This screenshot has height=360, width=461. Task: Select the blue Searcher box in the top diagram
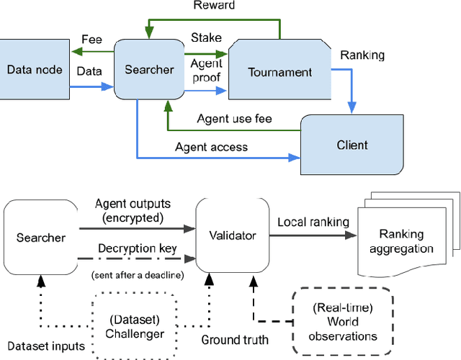(x=148, y=70)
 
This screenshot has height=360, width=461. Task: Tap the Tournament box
(x=279, y=71)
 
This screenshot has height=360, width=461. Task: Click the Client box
(x=352, y=144)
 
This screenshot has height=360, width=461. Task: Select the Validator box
(x=234, y=234)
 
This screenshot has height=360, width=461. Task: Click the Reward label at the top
(x=213, y=6)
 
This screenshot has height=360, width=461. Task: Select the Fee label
(x=92, y=40)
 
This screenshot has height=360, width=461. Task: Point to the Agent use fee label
(x=233, y=119)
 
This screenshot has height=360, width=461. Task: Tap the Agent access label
(x=211, y=147)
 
